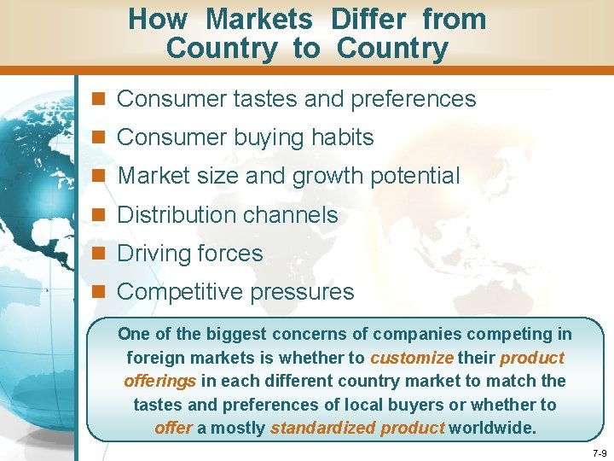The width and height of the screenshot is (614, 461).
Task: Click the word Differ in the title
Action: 368,19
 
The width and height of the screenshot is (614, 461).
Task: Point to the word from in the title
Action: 455,19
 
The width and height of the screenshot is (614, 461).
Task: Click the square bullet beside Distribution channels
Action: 100,215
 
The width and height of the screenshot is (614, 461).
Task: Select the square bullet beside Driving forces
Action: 100,254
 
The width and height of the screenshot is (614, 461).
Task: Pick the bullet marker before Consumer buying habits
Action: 100,137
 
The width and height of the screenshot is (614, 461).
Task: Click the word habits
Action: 339,137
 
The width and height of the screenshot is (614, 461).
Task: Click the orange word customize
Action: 411,358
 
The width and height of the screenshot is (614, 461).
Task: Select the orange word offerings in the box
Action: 160,381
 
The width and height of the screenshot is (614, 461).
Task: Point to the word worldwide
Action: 493,428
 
